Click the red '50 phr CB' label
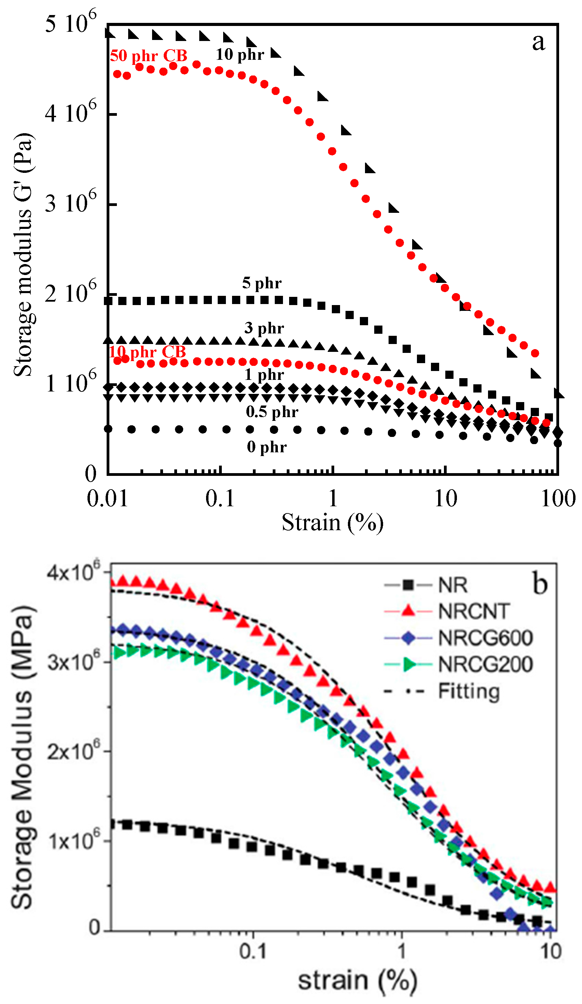point(148,56)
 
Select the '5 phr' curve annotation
point(261,283)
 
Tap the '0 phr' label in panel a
point(266,446)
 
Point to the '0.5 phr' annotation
point(272,412)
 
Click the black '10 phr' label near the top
point(240,55)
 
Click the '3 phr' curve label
point(264,328)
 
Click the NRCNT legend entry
point(474,611)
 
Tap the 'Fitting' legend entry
point(469,691)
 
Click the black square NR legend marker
point(408,585)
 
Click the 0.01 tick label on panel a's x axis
point(107,498)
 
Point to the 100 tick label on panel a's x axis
point(558,498)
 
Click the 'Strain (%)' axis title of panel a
point(333,522)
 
